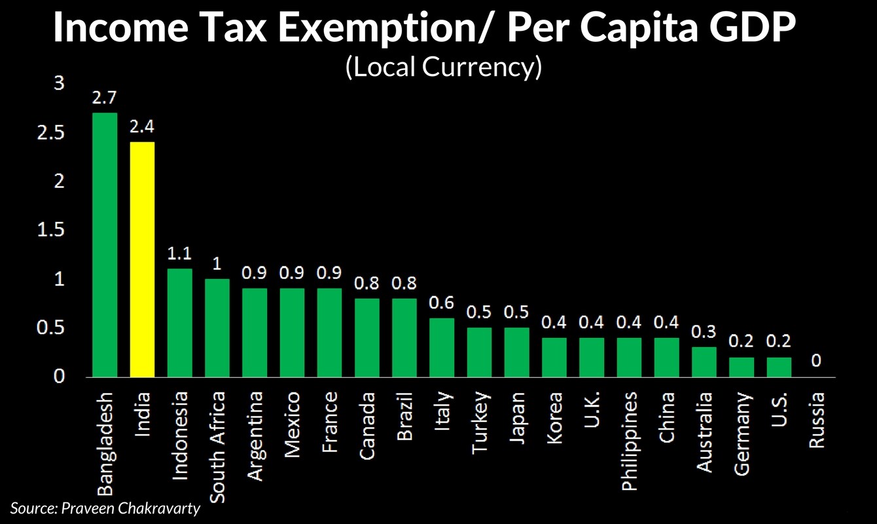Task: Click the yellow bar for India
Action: click(142, 259)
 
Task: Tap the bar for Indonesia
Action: click(180, 322)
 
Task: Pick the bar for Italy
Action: click(442, 347)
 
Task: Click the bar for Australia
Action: click(704, 362)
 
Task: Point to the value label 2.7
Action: click(105, 98)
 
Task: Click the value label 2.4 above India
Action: click(142, 127)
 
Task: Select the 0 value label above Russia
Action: click(817, 362)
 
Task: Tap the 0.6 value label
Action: click(442, 303)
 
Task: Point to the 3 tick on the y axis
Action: click(60, 84)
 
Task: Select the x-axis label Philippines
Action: click(629, 441)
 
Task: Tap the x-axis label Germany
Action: click(742, 433)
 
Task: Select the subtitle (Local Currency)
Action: click(443, 67)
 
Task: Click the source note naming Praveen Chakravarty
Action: click(105, 508)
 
